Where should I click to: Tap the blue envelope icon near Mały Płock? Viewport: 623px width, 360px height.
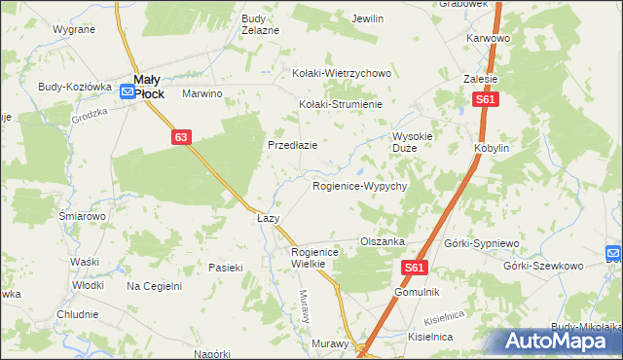tap(128, 92)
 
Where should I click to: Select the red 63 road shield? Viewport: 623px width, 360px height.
tap(181, 137)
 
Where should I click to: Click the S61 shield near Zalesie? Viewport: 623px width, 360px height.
tap(486, 100)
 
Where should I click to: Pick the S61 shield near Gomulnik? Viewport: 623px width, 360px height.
tap(415, 268)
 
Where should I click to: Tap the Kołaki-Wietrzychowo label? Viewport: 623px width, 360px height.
tap(342, 73)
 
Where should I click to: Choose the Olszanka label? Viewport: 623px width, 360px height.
tap(383, 241)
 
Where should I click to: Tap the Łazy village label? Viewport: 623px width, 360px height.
tap(268, 218)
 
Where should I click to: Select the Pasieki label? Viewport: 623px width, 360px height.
tap(225, 267)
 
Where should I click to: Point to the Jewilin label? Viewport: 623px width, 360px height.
tap(367, 18)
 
